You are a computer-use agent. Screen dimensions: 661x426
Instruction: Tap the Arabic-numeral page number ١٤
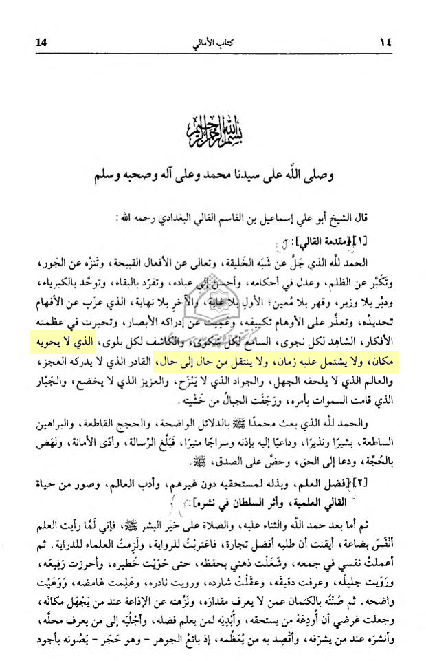(383, 43)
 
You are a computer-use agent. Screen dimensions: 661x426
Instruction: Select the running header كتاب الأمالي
(213, 43)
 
